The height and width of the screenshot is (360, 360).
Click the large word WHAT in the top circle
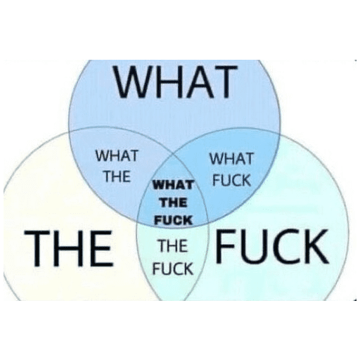(175, 82)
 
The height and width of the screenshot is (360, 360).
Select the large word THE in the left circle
(69, 248)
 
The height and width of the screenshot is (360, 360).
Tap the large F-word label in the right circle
(272, 247)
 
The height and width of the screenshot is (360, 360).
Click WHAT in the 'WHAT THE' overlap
(117, 155)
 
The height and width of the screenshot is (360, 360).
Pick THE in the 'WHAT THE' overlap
(117, 176)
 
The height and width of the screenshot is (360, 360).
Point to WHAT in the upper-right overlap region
(231, 158)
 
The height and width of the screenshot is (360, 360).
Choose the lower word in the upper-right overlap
(231, 180)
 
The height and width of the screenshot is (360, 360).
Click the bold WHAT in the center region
(173, 185)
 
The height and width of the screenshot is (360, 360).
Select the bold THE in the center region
(173, 202)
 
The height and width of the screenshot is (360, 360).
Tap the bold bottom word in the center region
(173, 220)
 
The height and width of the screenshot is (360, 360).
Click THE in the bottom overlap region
(173, 246)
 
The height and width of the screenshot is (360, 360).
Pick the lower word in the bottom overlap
(173, 269)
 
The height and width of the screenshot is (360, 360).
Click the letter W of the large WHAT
(132, 82)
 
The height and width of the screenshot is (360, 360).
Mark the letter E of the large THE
(103, 248)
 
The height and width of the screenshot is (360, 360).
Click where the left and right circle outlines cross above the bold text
(174, 154)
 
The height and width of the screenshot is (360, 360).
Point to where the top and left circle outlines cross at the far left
(70, 132)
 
